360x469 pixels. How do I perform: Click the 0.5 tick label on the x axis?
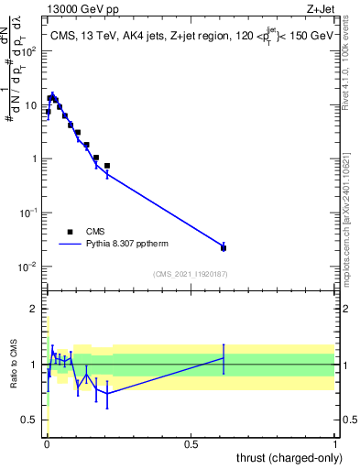click(x=191, y=443)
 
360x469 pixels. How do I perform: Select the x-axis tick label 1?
click(x=336, y=443)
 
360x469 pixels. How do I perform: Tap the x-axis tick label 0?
click(x=47, y=443)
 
